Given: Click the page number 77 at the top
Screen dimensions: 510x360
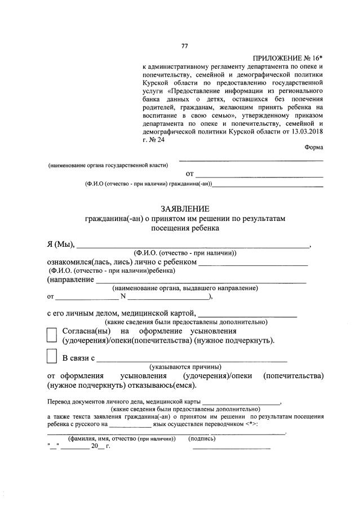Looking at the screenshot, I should (x=184, y=46).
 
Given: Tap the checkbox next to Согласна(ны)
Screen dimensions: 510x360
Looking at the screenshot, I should (x=51, y=335).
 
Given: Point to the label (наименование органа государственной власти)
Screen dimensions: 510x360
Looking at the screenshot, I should (x=108, y=165).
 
